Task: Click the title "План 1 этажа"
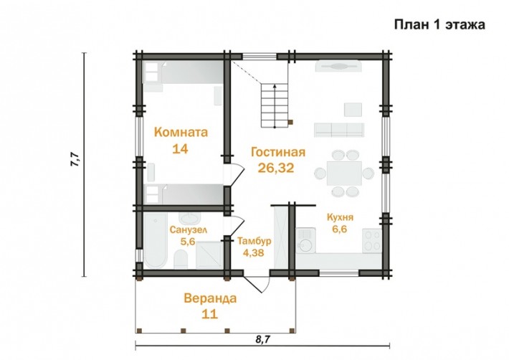click(439, 24)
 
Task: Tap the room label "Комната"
click(181, 133)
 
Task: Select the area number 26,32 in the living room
click(276, 168)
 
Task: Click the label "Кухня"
click(340, 217)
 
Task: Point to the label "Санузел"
click(189, 229)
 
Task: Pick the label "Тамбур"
click(255, 241)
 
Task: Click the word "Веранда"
click(210, 298)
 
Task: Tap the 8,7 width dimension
click(263, 339)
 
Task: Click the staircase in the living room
click(275, 105)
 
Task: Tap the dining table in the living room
click(344, 174)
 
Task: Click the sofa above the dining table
click(338, 130)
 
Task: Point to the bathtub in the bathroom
click(156, 240)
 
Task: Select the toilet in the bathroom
click(181, 260)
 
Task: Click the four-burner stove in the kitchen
click(372, 240)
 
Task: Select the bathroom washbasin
click(190, 218)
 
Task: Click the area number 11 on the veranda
click(210, 314)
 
